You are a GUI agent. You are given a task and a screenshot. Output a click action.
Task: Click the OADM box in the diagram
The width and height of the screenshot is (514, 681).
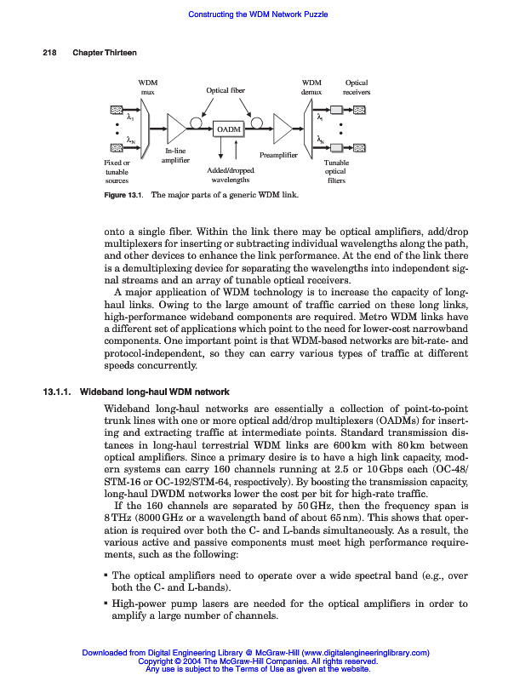click(x=228, y=129)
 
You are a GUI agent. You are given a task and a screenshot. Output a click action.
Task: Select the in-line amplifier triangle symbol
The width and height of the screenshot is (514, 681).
click(x=177, y=129)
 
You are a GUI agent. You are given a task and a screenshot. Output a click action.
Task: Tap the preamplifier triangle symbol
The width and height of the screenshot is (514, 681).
click(x=282, y=129)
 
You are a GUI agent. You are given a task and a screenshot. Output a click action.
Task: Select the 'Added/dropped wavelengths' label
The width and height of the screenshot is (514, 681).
click(x=230, y=175)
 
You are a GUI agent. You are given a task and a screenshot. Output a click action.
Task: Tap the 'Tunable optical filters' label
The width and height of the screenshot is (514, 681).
click(x=337, y=171)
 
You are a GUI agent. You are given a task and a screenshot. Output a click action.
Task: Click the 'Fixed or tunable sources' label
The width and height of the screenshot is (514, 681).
click(x=117, y=171)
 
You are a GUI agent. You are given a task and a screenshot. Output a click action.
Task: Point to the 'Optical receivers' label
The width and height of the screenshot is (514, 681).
click(x=357, y=87)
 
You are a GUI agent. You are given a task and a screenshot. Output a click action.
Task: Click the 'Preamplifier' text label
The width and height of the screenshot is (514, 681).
click(x=277, y=156)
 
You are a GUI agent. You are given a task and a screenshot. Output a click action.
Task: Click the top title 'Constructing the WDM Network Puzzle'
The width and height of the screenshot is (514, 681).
click(x=257, y=14)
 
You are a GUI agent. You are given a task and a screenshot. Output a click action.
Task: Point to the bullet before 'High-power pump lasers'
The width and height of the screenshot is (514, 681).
click(x=105, y=604)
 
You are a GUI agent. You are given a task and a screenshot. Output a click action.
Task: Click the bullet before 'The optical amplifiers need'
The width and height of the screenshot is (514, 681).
click(x=105, y=576)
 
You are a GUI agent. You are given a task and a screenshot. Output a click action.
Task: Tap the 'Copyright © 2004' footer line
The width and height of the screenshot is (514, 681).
click(x=257, y=661)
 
